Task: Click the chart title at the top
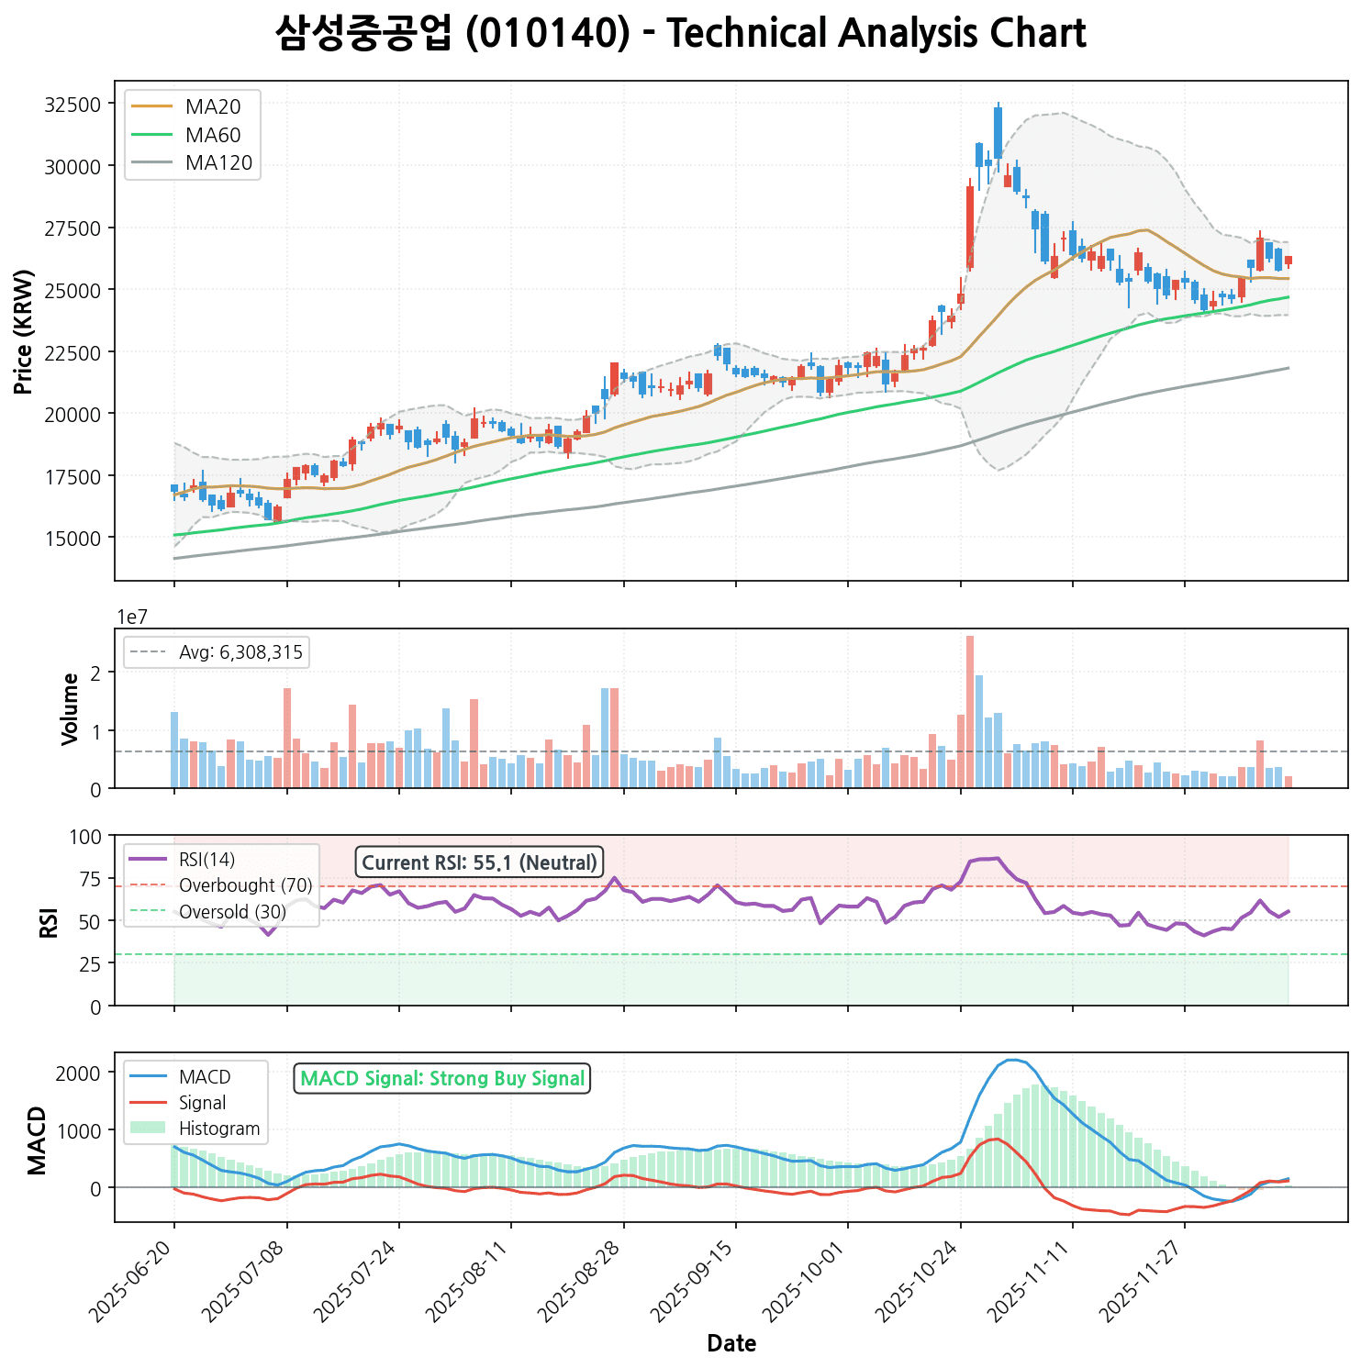[680, 34]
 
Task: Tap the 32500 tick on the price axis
[73, 105]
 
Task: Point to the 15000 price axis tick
[73, 538]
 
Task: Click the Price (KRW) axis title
[25, 332]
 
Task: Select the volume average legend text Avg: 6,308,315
[240, 652]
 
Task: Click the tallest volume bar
[970, 712]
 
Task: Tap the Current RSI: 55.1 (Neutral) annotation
[479, 862]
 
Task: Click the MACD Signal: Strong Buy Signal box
[442, 1079]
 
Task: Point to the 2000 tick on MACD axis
[79, 1073]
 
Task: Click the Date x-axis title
[731, 1344]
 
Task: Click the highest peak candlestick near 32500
[998, 133]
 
